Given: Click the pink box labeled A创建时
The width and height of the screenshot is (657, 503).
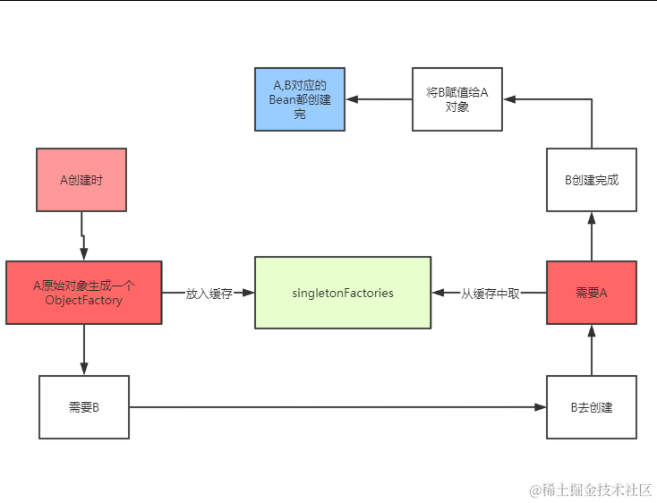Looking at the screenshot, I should [81, 180].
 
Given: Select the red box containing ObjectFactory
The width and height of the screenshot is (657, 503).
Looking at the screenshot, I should [83, 293].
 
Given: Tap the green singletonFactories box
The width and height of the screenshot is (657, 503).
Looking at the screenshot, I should [342, 293].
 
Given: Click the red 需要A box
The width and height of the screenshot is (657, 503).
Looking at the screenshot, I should [591, 293].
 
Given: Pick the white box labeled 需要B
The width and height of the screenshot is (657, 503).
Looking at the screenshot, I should [84, 407].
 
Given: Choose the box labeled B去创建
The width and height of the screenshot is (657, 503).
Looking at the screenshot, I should [591, 407].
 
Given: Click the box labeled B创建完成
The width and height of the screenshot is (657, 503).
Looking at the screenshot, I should [591, 180].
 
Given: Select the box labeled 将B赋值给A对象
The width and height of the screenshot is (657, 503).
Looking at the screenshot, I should [457, 99].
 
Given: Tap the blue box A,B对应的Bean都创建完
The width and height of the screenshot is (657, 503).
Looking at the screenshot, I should [300, 99].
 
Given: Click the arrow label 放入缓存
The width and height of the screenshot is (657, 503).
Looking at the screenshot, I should [209, 293].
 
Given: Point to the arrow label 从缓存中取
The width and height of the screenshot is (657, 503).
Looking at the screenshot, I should [490, 293].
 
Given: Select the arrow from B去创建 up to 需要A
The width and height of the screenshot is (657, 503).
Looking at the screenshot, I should [591, 350].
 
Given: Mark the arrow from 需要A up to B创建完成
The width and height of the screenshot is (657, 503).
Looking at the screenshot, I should [591, 236].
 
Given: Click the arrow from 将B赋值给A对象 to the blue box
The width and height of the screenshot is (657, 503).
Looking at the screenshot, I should [379, 99].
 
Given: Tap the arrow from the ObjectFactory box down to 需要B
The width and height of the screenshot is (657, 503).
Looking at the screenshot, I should [84, 349].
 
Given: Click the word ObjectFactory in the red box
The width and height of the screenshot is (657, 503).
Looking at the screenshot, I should [83, 300].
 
